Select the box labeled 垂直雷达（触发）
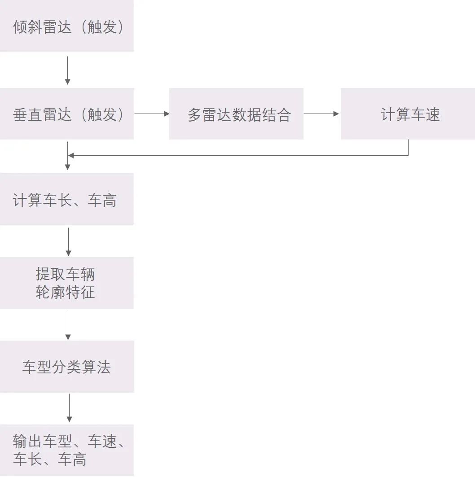[x=67, y=114]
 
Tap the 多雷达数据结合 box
[x=236, y=114]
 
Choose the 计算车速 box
[x=408, y=114]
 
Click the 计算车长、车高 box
[x=67, y=199]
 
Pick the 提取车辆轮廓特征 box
[x=67, y=283]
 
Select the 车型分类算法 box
[x=67, y=367]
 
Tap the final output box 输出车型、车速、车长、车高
[x=67, y=450]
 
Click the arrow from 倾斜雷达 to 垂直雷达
[x=67, y=70]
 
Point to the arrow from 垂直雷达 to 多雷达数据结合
[x=152, y=114]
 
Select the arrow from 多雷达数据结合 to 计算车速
[x=321, y=114]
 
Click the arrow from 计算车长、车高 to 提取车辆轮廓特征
[x=68, y=241]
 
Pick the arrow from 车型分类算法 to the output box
[x=69, y=408]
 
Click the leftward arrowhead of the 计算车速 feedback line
[x=71, y=156]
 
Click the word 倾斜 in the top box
[x=28, y=27]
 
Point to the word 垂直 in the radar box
[x=28, y=115]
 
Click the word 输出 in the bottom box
[x=28, y=442]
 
